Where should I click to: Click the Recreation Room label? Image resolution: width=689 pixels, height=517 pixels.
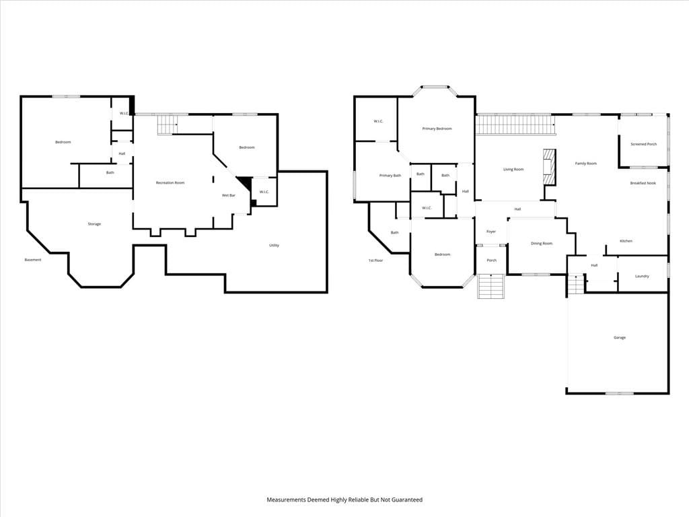coord(170,182)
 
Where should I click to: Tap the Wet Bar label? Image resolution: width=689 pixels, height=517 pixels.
coord(229,195)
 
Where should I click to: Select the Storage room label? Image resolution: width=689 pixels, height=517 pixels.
coord(94,223)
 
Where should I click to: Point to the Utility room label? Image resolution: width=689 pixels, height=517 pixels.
coord(275,245)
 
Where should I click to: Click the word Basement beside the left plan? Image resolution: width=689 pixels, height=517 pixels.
coord(33,260)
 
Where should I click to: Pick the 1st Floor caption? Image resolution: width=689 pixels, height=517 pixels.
coord(375,261)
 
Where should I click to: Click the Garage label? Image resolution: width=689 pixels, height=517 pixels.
coord(620,338)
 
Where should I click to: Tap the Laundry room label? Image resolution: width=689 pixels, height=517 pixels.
coord(642,276)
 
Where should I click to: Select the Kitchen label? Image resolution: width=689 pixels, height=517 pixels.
coord(626,241)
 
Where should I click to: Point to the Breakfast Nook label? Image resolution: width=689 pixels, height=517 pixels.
coord(643,183)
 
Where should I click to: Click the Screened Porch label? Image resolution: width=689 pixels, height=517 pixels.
coord(644,144)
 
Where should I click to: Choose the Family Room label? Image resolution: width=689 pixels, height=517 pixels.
coord(586,164)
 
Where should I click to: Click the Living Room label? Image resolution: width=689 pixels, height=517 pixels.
coord(513,169)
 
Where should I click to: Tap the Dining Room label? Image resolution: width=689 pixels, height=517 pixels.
coord(542,244)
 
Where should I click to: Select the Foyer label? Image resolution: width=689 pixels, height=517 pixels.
coord(491,232)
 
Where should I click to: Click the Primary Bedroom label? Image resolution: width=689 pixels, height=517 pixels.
coord(437,129)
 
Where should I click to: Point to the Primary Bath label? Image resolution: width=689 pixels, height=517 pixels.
coord(390,176)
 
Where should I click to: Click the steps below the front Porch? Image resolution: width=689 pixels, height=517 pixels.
coord(491,286)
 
